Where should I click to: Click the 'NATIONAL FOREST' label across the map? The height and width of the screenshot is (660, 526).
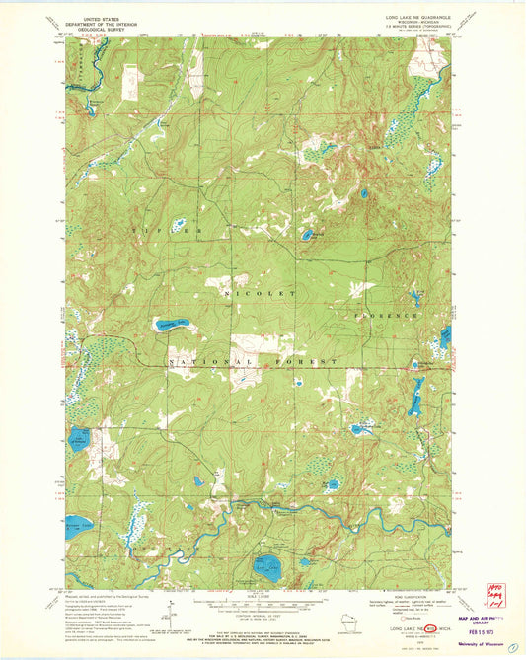point(255,362)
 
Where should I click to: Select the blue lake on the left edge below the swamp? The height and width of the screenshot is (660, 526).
point(80,436)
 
